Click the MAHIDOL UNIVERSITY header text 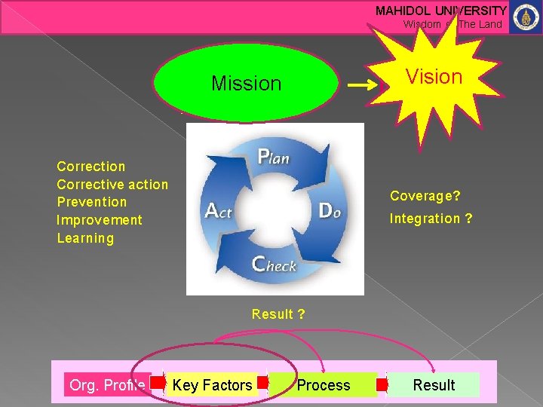[441, 11]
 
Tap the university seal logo [526, 17]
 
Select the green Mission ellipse [246, 83]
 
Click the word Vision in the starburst [434, 77]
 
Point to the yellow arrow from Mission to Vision [364, 86]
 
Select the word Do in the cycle [330, 211]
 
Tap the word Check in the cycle [274, 265]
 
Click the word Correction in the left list [91, 167]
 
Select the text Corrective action [112, 185]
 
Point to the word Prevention [92, 202]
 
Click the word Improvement [100, 220]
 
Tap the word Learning [85, 238]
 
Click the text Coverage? [425, 196]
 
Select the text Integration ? [431, 219]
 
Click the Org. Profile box [106, 385]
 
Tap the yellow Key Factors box [212, 385]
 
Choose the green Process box [324, 385]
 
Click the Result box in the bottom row [434, 385]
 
